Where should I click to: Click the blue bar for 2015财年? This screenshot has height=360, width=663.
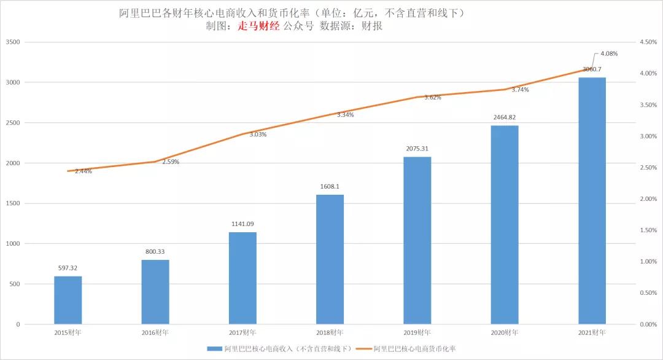coord(68,300)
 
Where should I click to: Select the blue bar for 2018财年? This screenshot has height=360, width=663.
coord(330,259)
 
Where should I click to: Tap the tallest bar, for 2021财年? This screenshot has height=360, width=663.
coord(592,200)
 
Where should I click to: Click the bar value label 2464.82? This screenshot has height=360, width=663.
coord(504,117)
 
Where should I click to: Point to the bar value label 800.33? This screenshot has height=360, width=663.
coord(155,251)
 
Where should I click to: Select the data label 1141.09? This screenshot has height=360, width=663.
coord(242,224)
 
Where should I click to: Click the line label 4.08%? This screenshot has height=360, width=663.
coord(608,53)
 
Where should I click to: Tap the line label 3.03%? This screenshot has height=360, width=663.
coord(258,135)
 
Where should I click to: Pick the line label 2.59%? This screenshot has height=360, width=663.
coord(171,162)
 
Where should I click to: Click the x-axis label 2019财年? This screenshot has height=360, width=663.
coord(417,332)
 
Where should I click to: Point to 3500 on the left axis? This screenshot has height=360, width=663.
coord(13,42)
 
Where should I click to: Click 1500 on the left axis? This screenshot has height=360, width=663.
coord(13,203)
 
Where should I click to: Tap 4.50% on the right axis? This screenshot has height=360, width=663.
coord(648,42)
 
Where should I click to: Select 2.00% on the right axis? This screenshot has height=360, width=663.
coord(648,199)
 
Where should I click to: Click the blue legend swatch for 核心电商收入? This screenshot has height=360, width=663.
coord(214,348)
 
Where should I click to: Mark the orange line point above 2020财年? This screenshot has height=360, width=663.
coord(504,90)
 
